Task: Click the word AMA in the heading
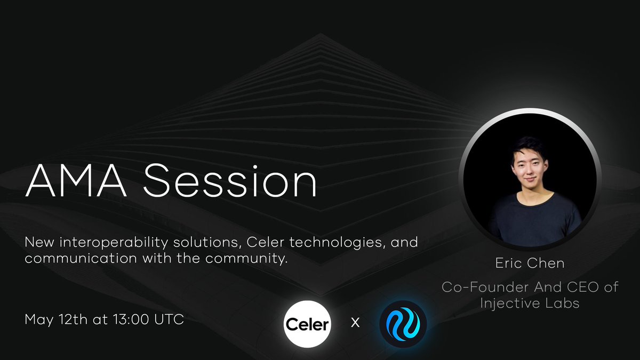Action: pyautogui.click(x=76, y=181)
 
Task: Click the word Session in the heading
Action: pyautogui.click(x=230, y=181)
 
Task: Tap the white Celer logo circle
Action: pyautogui.click(x=307, y=324)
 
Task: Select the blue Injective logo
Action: pyautogui.click(x=403, y=324)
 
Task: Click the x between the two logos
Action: pyautogui.click(x=355, y=323)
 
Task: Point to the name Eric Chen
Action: pyautogui.click(x=530, y=263)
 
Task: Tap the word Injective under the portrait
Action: pyautogui.click(x=510, y=303)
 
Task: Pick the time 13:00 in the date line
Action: pyautogui.click(x=131, y=319)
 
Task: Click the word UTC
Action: pyautogui.click(x=169, y=319)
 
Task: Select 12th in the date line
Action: pyautogui.click(x=73, y=319)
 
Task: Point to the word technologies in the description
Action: pyautogui.click(x=335, y=243)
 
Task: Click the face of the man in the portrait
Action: pyautogui.click(x=530, y=169)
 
